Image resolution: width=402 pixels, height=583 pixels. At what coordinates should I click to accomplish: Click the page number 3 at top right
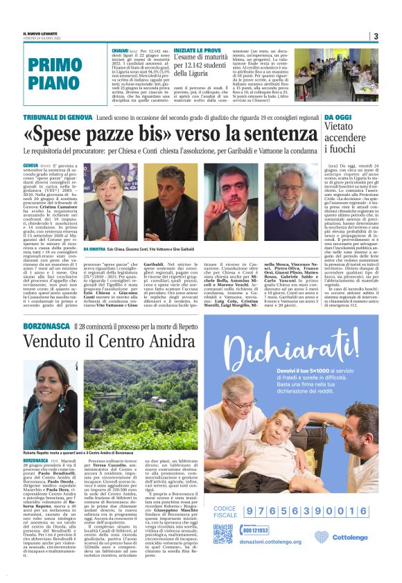(x=375, y=36)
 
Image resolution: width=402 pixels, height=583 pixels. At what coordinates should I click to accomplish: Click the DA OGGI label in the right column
(x=338, y=118)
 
